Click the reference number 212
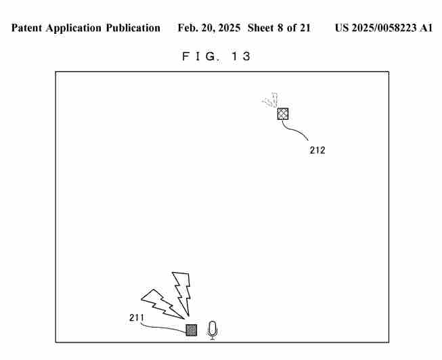pos(317,150)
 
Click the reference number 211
pos(137,318)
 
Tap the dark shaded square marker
pos(192,330)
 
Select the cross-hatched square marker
pos(283,114)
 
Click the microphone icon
pos(213,330)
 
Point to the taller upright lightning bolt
pos(183,292)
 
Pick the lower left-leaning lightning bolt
pos(162,304)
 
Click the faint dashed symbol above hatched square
pos(270,100)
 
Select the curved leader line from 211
pos(160,328)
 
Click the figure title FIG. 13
pos(216,56)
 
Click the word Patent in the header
pos(27,28)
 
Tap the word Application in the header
pos(74,28)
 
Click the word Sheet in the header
pos(261,28)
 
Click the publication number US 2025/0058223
pos(376,28)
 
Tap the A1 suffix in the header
pos(426,28)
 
